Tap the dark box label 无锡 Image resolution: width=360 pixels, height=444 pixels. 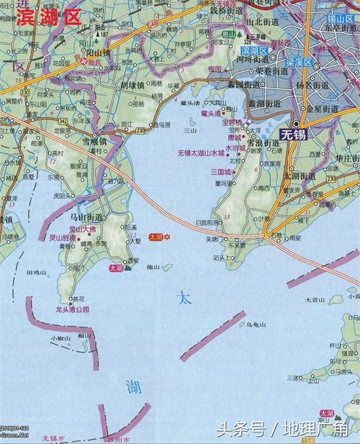[x=294, y=135]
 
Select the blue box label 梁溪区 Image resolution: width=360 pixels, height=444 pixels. [x=296, y=63]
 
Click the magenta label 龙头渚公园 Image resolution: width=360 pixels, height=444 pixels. [x=72, y=309]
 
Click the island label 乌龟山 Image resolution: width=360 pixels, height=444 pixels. [x=256, y=325]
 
